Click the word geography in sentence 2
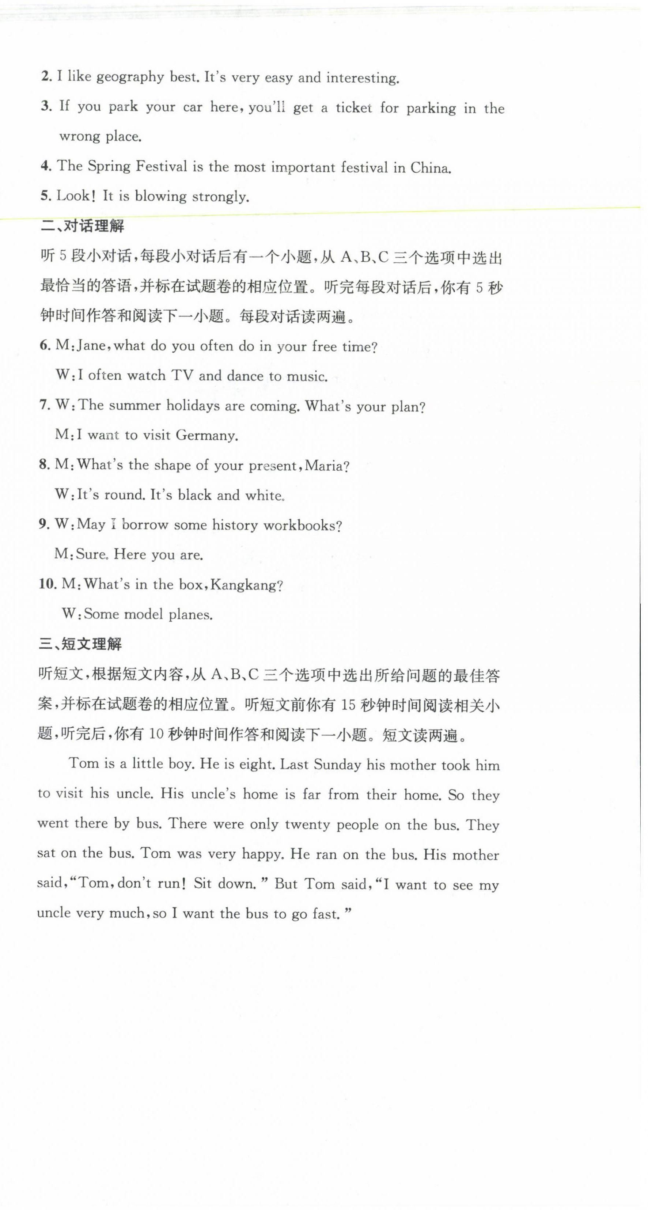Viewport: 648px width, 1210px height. (130, 77)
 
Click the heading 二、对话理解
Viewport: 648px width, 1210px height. (82, 227)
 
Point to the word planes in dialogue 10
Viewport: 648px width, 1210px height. (190, 614)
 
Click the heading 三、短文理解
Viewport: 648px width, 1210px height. (80, 644)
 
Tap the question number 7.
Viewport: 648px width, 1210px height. (45, 405)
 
